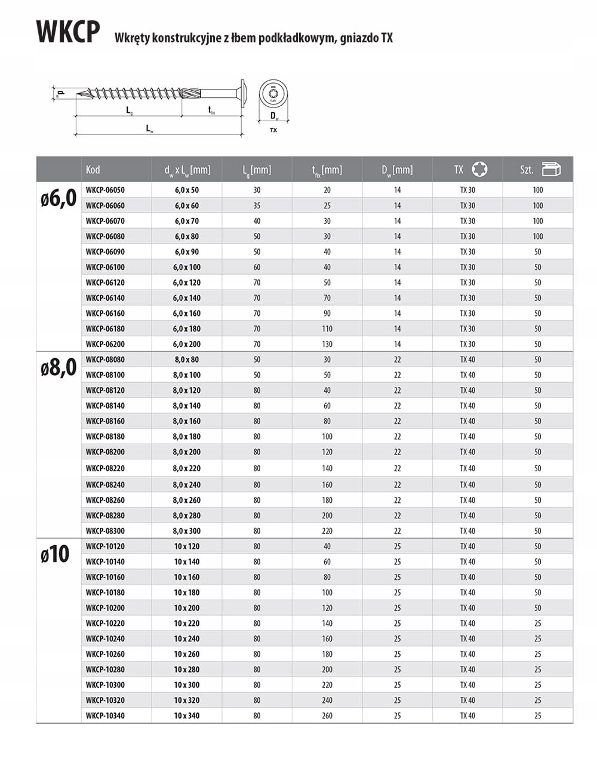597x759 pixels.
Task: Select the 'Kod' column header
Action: (93, 170)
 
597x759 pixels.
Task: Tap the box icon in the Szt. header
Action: (551, 170)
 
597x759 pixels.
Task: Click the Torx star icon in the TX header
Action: (479, 170)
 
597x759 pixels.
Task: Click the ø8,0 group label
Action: (59, 368)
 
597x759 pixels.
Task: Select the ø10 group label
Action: (55, 555)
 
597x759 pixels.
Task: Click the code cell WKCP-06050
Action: (105, 190)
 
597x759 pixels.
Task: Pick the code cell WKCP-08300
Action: (105, 531)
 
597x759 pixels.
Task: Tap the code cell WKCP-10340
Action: (105, 715)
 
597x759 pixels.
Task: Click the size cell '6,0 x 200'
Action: (187, 344)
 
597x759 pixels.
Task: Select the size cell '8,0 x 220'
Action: (187, 468)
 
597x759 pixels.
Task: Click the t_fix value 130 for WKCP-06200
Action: (327, 344)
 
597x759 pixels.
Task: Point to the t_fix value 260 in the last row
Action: (327, 715)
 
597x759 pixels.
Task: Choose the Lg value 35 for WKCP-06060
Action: (257, 205)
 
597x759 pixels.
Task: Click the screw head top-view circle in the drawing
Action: (273, 94)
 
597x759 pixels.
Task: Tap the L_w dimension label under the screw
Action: (150, 128)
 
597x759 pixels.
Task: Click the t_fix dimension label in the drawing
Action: (211, 109)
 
